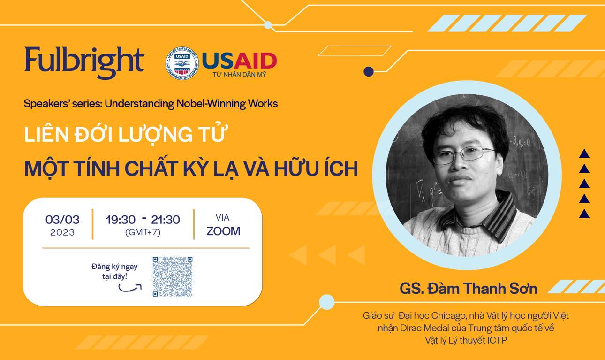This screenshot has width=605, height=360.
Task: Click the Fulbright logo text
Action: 84,62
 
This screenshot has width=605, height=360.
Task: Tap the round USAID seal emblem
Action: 182,63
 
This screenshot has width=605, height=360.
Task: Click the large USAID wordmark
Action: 239,61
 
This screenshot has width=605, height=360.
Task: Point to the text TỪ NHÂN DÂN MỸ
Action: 239,74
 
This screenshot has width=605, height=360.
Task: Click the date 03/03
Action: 62,220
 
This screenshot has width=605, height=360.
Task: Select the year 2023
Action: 62,232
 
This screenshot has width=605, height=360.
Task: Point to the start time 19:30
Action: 121,220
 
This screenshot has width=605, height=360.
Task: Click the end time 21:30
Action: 165,220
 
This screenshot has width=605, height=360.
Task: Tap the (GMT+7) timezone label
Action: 143,232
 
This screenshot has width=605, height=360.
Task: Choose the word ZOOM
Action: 223,231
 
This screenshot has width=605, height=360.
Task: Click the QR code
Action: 172,276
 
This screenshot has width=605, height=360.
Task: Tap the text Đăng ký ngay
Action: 114,267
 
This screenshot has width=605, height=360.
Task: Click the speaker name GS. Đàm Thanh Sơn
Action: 469,289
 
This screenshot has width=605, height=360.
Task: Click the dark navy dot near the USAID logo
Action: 369,72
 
